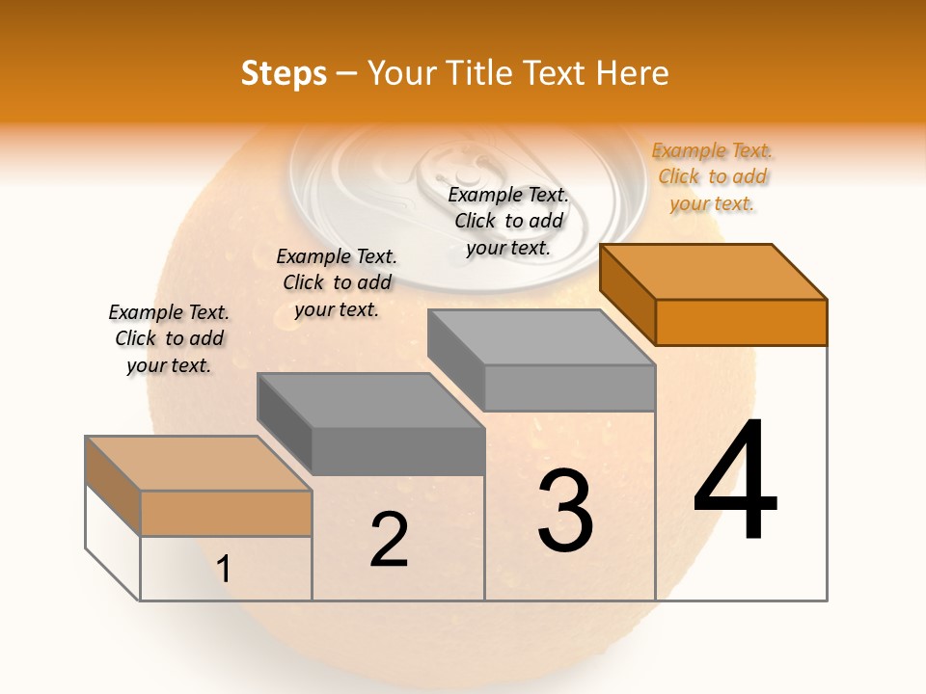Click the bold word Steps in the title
point(284,73)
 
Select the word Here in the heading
point(632,73)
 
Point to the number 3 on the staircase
point(565,510)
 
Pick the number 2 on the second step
point(389,540)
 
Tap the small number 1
point(224,569)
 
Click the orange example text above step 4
point(712,176)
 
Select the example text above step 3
point(508,221)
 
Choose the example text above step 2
point(337,282)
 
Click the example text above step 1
point(169,338)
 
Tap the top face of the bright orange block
point(714,271)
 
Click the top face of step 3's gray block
point(542,337)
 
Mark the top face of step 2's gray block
point(370,400)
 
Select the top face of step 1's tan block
point(199,463)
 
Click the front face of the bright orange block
point(741,322)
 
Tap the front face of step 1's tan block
point(226,513)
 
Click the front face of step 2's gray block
point(397,451)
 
